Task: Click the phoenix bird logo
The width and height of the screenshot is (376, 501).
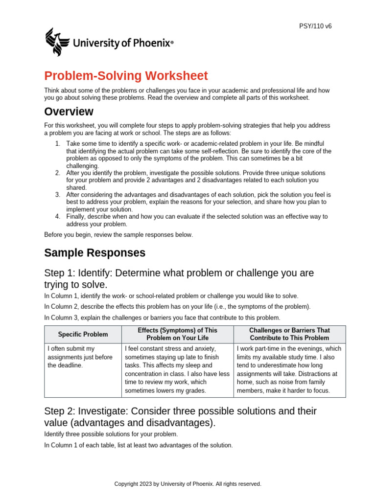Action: pyautogui.click(x=58, y=42)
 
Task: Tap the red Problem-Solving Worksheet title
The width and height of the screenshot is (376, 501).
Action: pyautogui.click(x=126, y=76)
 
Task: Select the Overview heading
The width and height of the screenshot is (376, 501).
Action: pyautogui.click(x=69, y=112)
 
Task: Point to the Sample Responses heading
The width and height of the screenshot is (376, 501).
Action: pyautogui.click(x=94, y=253)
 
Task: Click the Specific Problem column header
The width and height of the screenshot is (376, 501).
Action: pyautogui.click(x=82, y=334)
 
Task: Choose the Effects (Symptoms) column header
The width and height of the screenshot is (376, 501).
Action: pyautogui.click(x=177, y=334)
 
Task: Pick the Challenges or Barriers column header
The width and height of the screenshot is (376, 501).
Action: pyautogui.click(x=289, y=334)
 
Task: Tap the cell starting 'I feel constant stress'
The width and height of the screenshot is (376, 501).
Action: pyautogui.click(x=177, y=369)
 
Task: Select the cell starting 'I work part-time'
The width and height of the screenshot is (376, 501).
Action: pyautogui.click(x=289, y=369)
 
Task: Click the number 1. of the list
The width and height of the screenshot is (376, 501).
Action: pyautogui.click(x=57, y=143)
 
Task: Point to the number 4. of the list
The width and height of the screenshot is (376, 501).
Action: pyautogui.click(x=57, y=216)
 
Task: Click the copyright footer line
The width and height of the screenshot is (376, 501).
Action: pyautogui.click(x=188, y=484)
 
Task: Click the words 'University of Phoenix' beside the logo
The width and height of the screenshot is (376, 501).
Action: pyautogui.click(x=122, y=44)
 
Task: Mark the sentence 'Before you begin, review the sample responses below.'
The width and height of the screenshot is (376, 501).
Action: pyautogui.click(x=118, y=235)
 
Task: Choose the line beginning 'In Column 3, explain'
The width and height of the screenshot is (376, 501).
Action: pyautogui.click(x=162, y=318)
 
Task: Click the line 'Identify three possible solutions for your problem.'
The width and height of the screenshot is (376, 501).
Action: pyautogui.click(x=111, y=433)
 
